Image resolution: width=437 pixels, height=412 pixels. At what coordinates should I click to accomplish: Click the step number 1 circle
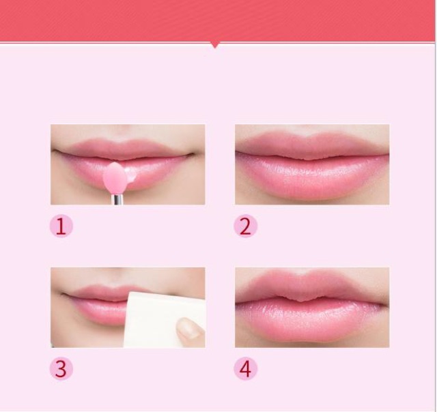tap(61, 226)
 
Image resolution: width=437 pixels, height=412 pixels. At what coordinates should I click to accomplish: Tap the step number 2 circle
tap(245, 226)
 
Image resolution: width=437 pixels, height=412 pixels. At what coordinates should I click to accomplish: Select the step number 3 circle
tap(61, 369)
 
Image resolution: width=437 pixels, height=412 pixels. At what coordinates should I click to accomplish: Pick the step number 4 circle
tap(245, 369)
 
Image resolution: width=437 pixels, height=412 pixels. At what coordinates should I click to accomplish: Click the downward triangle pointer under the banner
tap(216, 45)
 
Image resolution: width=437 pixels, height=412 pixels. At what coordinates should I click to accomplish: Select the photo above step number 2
tap(312, 164)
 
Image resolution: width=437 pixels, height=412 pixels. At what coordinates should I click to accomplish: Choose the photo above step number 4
tap(312, 308)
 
